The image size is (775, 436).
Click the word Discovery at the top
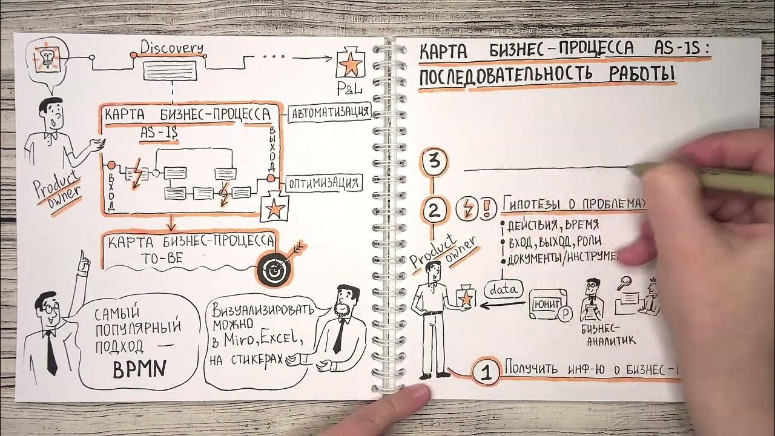coord(172,47)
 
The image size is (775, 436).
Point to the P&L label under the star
coord(350,89)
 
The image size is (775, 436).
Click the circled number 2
coord(434,211)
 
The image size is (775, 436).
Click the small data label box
coord(503,289)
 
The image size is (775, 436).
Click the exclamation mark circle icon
coord(487,208)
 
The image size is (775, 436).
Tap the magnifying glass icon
coord(624,282)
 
